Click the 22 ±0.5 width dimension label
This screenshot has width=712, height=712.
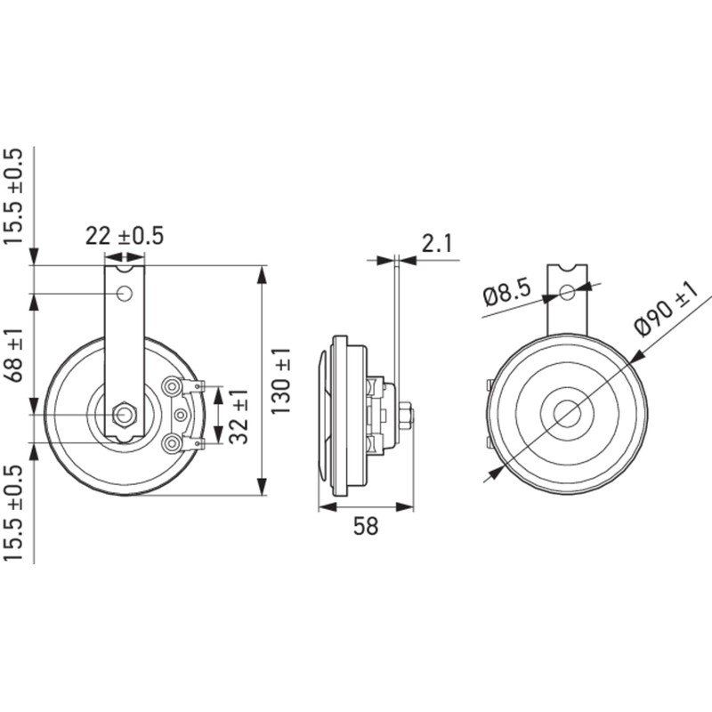(125, 236)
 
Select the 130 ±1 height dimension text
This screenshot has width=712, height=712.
(281, 382)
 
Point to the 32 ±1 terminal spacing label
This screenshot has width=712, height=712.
(239, 416)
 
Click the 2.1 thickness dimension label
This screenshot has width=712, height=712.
(437, 244)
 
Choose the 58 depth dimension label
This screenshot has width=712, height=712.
(366, 526)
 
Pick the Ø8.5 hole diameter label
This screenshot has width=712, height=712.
(506, 294)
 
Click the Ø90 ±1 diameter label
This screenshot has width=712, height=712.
(666, 309)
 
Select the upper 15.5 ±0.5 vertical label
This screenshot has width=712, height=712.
(12, 196)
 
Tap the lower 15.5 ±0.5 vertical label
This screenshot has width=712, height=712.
(12, 513)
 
